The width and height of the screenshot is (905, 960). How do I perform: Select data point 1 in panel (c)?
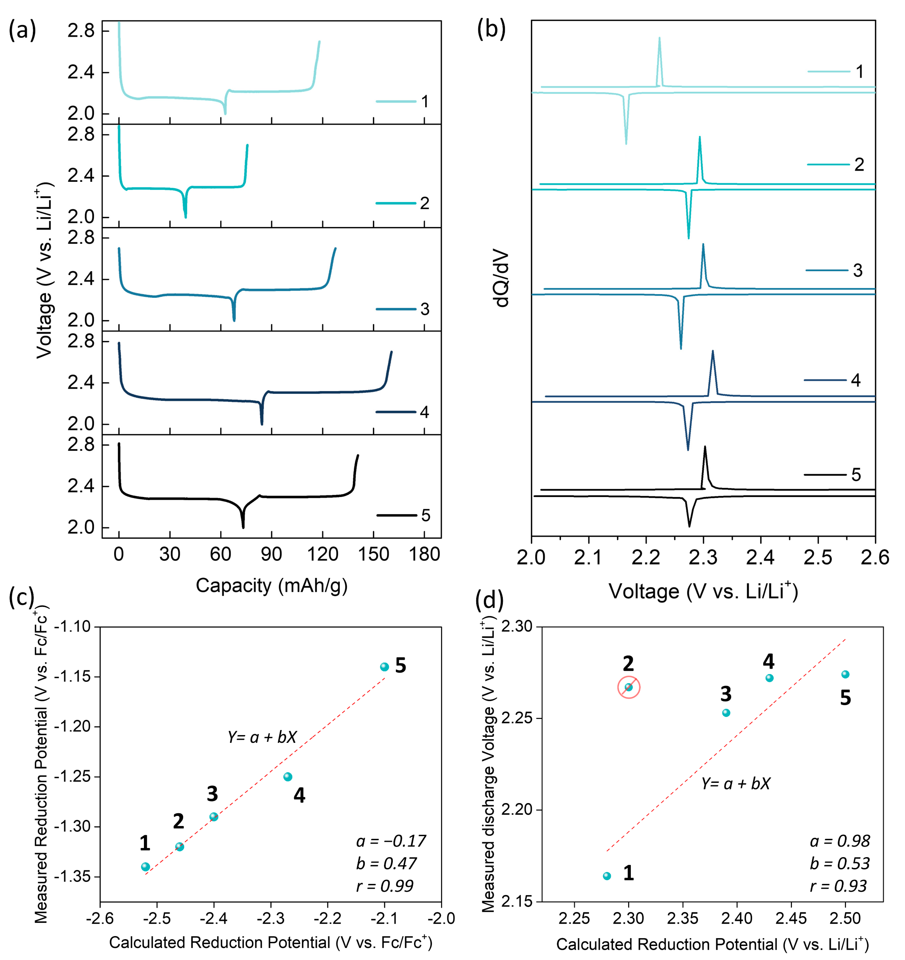[x=145, y=867]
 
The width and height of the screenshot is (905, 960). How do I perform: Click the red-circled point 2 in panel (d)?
[x=629, y=687]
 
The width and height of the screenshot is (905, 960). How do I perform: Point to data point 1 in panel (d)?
[x=607, y=876]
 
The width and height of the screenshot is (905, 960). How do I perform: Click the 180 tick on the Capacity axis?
[x=424, y=554]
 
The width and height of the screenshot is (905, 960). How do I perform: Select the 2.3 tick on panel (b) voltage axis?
[x=703, y=558]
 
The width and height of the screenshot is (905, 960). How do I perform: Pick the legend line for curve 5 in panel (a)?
[x=396, y=515]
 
